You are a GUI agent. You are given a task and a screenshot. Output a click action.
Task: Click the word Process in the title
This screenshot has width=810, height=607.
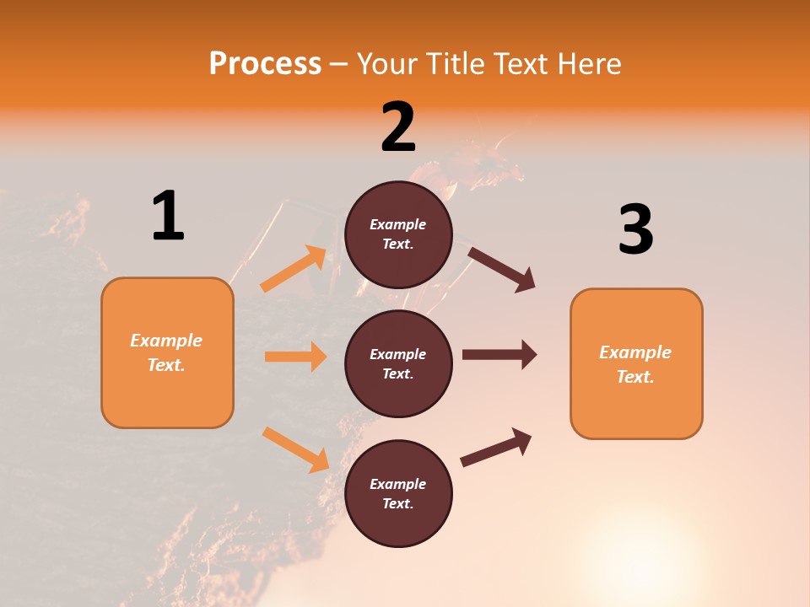click(x=265, y=63)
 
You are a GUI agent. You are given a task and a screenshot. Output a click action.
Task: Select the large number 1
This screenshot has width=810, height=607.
click(x=168, y=217)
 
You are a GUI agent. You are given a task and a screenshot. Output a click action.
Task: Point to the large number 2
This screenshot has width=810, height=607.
click(x=398, y=127)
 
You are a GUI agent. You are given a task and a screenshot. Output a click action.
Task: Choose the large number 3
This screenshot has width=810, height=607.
click(x=635, y=230)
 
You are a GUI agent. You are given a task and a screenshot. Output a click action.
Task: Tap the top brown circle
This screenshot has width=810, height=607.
click(x=398, y=234)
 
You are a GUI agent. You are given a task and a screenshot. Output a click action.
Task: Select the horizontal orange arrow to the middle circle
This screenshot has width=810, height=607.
click(x=295, y=357)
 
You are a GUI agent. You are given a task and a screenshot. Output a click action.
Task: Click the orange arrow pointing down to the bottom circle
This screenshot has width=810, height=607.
click(x=296, y=449)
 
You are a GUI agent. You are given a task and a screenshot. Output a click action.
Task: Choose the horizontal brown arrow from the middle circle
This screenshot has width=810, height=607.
click(x=499, y=355)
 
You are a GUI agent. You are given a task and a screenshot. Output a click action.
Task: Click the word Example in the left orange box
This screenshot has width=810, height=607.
click(x=166, y=341)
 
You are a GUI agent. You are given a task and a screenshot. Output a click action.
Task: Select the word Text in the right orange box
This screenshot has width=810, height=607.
click(x=635, y=377)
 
